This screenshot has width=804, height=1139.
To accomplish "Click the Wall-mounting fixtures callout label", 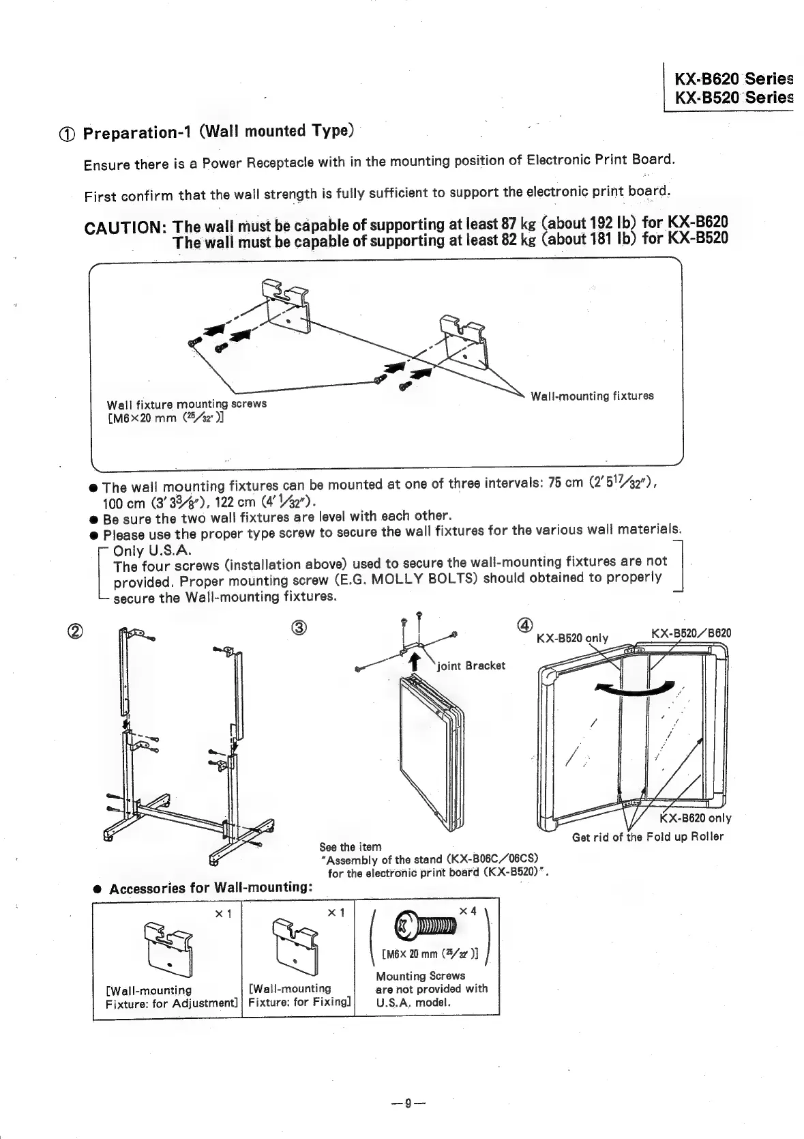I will (591, 396).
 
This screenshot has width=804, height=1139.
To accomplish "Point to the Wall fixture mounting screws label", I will (186, 404).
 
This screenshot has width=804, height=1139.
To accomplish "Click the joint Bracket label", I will (471, 665).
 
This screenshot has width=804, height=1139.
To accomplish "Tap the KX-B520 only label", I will (572, 638).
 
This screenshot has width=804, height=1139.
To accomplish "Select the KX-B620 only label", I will (695, 818).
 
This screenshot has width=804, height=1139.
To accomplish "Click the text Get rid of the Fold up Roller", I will (648, 837).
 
